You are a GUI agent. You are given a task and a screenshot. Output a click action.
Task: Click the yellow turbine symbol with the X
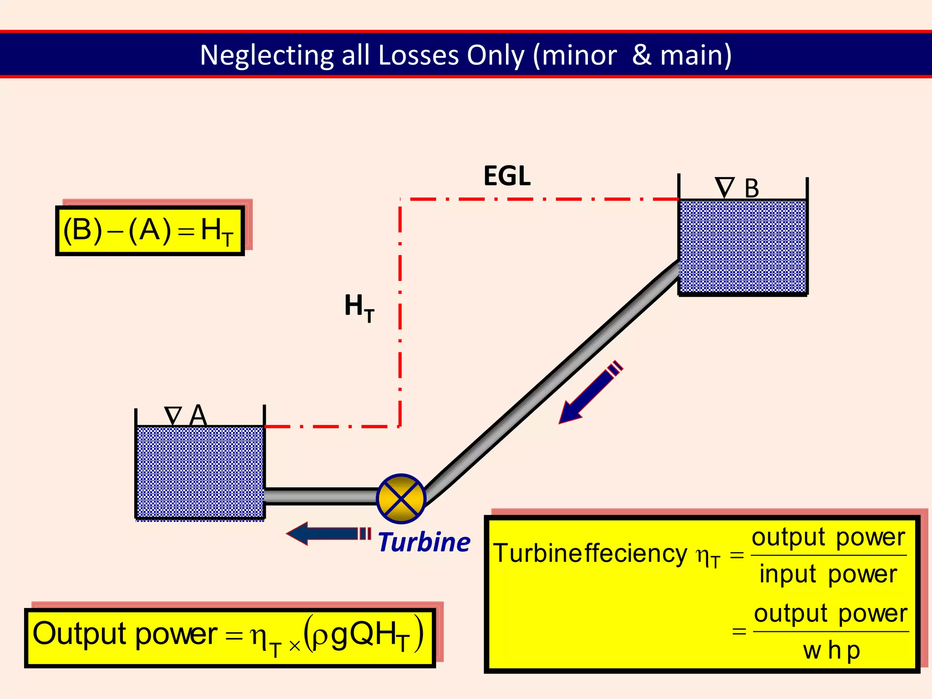pos(401,498)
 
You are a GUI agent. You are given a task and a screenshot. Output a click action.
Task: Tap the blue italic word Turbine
pos(424,542)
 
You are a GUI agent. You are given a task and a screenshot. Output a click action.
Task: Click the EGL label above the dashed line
pos(507,176)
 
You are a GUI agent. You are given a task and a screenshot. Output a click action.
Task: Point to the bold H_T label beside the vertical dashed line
pos(359,307)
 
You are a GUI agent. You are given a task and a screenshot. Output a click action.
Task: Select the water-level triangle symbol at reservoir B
pos(724,187)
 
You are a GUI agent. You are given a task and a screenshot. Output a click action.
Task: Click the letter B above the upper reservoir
pos(752,188)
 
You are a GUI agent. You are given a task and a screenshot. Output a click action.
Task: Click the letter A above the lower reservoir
pos(198,415)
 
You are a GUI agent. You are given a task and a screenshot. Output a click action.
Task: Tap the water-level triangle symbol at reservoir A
pos(173,415)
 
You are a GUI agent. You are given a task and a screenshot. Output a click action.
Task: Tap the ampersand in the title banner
pos(641,56)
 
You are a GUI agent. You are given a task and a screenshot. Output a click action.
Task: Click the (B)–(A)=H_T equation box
pos(150,231)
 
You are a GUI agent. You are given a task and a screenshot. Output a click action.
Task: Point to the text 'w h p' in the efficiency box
pos(831,651)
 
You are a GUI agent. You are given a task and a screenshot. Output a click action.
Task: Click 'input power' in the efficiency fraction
pos(828,574)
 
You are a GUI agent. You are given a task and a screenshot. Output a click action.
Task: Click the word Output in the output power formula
pos(80,634)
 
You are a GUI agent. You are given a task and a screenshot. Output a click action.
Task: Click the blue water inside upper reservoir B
pos(743,246)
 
